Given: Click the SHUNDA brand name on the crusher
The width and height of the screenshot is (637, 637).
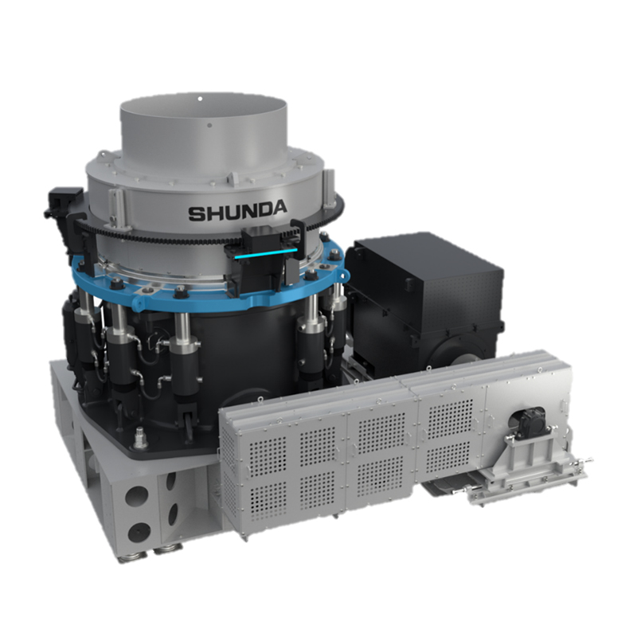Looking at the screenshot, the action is tap(237, 211).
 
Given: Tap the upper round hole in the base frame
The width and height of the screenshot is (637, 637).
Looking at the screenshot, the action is tap(135, 496).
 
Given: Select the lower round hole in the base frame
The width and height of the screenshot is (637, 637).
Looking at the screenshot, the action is tap(139, 533).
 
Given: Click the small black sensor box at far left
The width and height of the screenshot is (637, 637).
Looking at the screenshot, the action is tap(63, 201).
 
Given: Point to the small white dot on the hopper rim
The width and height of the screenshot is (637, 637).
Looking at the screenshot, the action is tap(200, 98).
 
